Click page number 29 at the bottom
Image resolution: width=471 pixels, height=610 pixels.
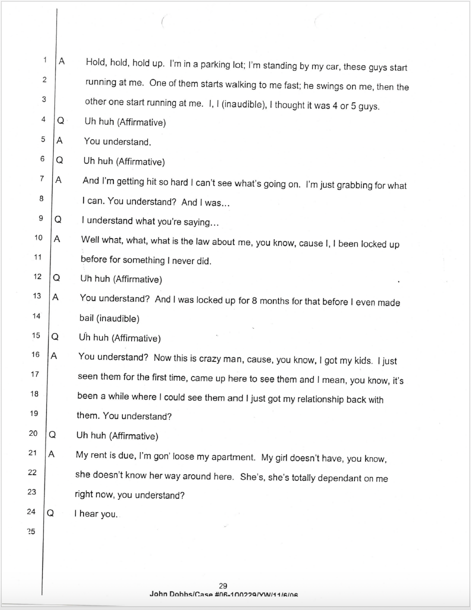point(223,586)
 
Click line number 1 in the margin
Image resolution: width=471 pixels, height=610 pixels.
point(45,60)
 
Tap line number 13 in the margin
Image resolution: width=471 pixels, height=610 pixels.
point(37,296)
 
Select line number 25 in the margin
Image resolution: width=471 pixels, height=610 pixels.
point(31,532)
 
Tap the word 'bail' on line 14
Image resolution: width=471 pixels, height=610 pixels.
point(87,318)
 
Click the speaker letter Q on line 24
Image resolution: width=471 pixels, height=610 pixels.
point(50,513)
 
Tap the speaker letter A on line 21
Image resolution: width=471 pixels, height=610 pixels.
point(51,454)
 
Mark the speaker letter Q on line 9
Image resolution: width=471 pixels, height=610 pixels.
point(57,219)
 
